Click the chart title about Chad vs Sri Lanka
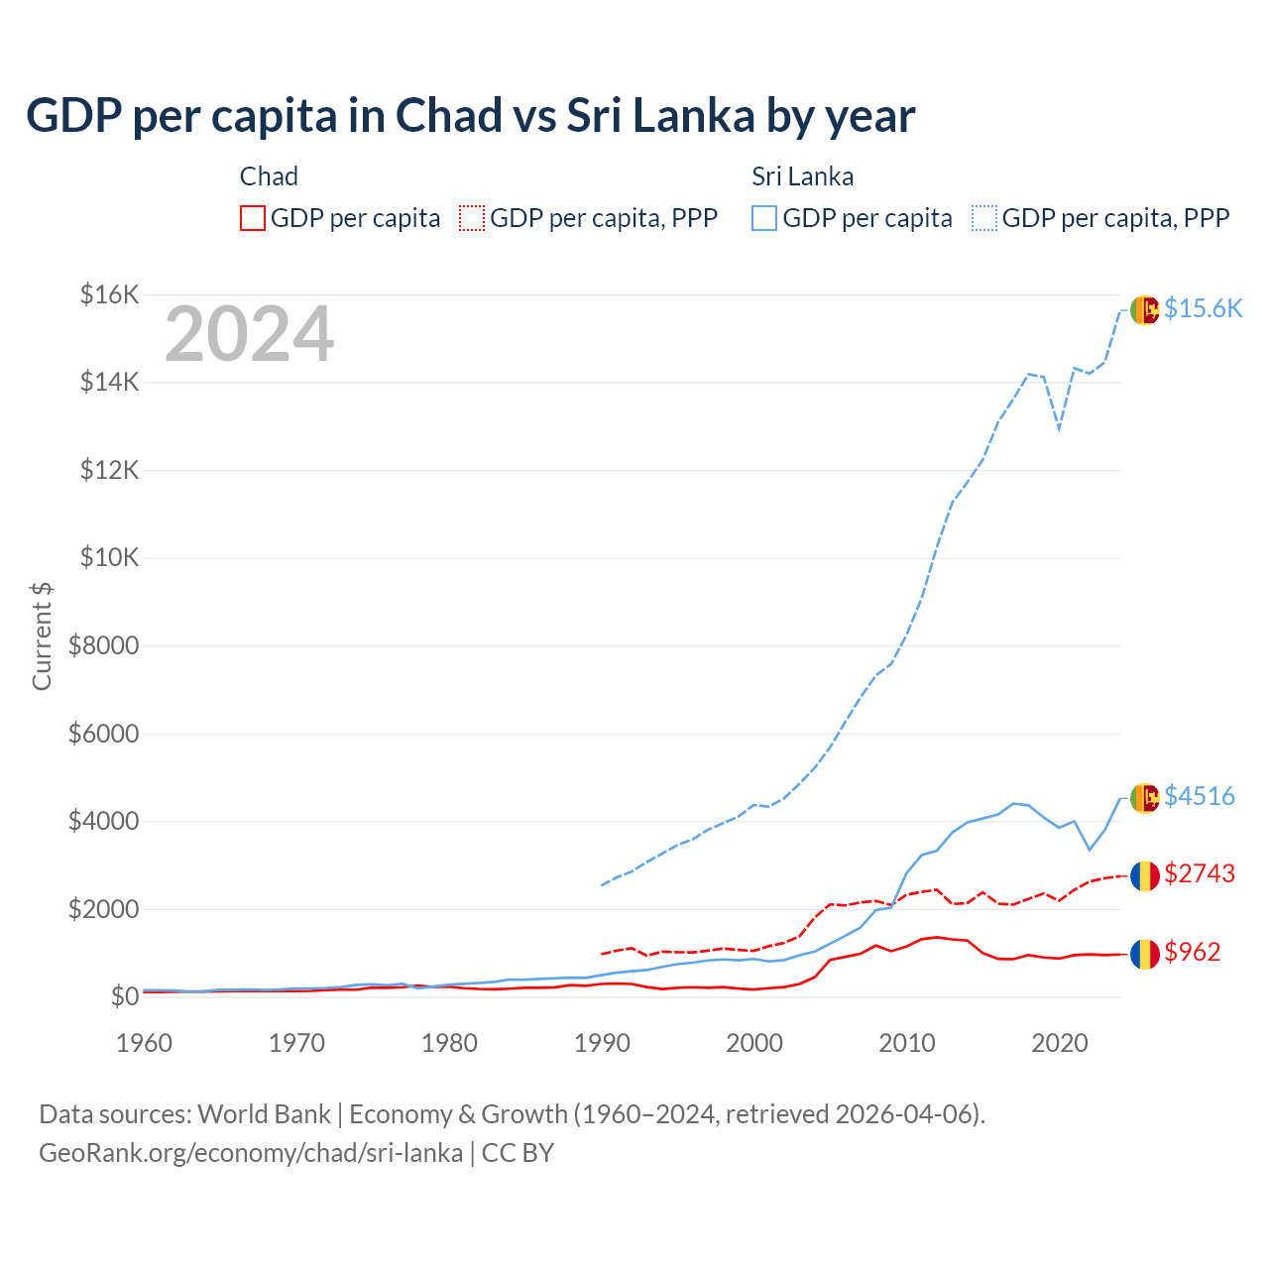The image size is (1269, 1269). pos(470,116)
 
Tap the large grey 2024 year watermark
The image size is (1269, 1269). pos(249,335)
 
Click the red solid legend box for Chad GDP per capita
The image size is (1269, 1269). pos(253,218)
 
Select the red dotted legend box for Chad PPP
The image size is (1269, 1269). pos(472,218)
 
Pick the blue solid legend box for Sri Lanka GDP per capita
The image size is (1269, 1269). pos(764,218)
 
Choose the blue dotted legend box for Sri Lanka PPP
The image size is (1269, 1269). pos(984,218)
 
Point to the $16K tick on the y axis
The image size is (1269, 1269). pos(109,294)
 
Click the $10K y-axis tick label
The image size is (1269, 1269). pos(109,557)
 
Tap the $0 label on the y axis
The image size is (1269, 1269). pos(124,996)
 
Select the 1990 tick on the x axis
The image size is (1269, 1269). pos(602,1043)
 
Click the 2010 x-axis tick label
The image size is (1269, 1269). pos(907,1043)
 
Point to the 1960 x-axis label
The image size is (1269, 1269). pos(145,1043)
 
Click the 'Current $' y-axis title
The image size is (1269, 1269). pos(42,636)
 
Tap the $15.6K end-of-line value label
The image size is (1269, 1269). pos(1203,308)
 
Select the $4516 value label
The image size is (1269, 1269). pos(1199,796)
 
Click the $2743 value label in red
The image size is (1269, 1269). pos(1199,873)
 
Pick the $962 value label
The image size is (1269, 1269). pos(1192,952)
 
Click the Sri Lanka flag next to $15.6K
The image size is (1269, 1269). pos(1145,309)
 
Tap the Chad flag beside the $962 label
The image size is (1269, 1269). pos(1145,954)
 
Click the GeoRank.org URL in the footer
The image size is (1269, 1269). pos(251,1153)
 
